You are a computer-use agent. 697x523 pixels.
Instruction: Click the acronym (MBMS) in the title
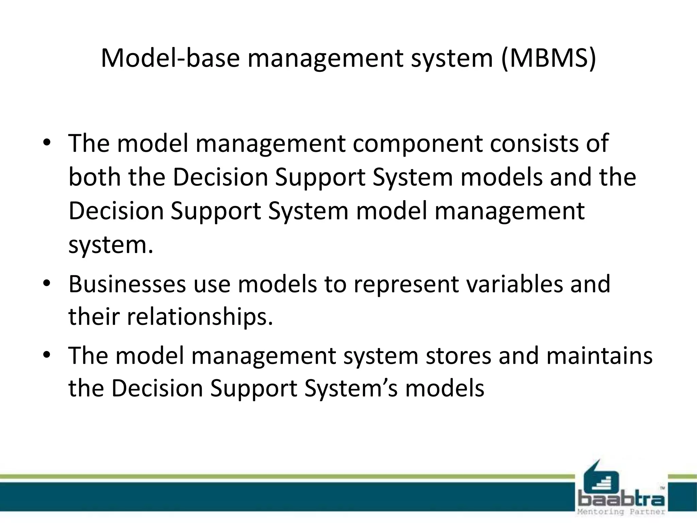(548, 58)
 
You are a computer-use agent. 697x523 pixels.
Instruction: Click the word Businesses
(127, 284)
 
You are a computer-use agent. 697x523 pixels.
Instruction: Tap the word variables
(514, 284)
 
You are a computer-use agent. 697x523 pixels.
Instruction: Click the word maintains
(599, 355)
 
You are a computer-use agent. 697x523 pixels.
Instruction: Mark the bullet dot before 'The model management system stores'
(47, 355)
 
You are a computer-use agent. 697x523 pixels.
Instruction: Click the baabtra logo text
(621, 499)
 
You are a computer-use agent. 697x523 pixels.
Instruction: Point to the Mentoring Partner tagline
(621, 512)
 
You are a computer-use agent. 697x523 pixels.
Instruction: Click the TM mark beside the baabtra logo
(662, 488)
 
